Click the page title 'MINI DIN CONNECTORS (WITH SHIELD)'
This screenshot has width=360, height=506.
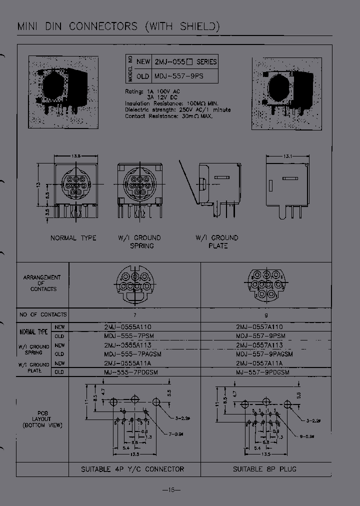coord(118,26)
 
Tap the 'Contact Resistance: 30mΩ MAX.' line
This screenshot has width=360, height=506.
coord(169,116)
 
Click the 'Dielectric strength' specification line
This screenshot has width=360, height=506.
coord(177,109)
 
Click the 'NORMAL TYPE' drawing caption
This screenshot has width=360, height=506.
coord(73,238)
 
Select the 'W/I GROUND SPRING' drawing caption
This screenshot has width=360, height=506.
coord(139,242)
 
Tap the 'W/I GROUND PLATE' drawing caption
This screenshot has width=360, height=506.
coord(217,242)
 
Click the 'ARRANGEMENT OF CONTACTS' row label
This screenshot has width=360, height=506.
coord(42,283)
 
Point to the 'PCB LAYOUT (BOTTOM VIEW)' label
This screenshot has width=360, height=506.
coord(42,419)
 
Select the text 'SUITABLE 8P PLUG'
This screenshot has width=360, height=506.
coord(265,469)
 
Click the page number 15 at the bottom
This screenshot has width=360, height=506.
coord(171,489)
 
